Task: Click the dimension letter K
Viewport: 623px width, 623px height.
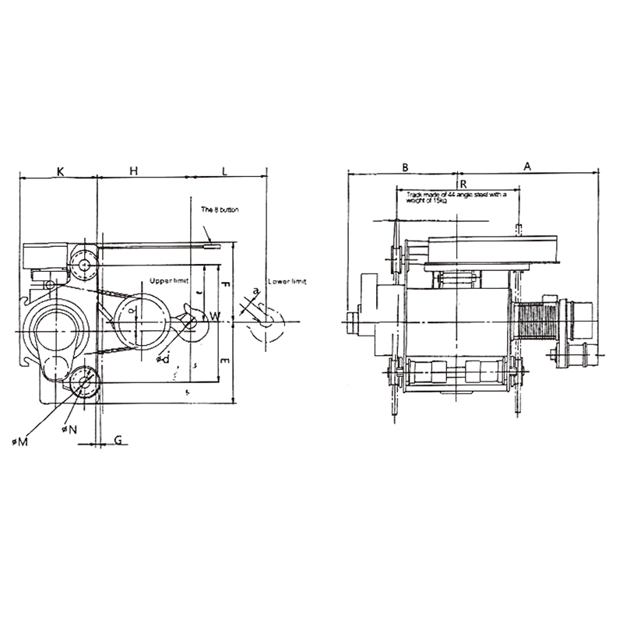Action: click(60, 169)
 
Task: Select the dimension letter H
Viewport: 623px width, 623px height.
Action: click(133, 169)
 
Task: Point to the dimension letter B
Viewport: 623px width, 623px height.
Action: click(405, 167)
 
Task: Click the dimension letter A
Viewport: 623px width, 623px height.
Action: click(527, 167)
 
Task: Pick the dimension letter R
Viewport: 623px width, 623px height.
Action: click(463, 183)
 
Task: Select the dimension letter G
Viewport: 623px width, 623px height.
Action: click(118, 440)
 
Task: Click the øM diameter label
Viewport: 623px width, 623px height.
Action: click(20, 442)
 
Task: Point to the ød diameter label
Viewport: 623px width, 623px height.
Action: click(163, 358)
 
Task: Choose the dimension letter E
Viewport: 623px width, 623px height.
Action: click(225, 362)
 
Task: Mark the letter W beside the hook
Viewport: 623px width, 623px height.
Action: click(216, 316)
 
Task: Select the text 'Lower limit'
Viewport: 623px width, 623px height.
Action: click(287, 280)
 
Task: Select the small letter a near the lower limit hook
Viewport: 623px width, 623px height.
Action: click(255, 291)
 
